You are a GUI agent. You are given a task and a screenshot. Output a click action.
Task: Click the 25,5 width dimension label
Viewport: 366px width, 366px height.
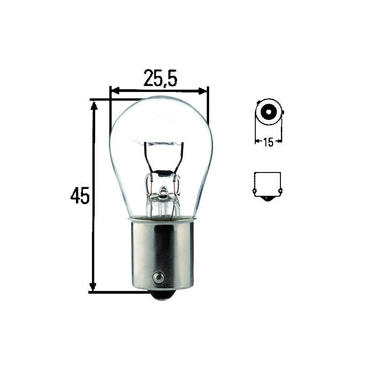(161, 78)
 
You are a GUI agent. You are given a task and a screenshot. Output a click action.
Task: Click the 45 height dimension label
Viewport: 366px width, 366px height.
(80, 195)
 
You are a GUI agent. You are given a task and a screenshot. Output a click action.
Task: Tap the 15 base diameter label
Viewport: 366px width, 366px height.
(268, 142)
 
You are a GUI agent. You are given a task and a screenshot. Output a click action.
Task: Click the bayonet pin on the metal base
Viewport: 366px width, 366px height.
(158, 278)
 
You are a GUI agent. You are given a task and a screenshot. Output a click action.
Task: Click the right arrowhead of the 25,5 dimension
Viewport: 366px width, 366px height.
(203, 91)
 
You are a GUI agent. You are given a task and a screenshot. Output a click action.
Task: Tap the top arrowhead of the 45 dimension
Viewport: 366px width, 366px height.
(94, 106)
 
